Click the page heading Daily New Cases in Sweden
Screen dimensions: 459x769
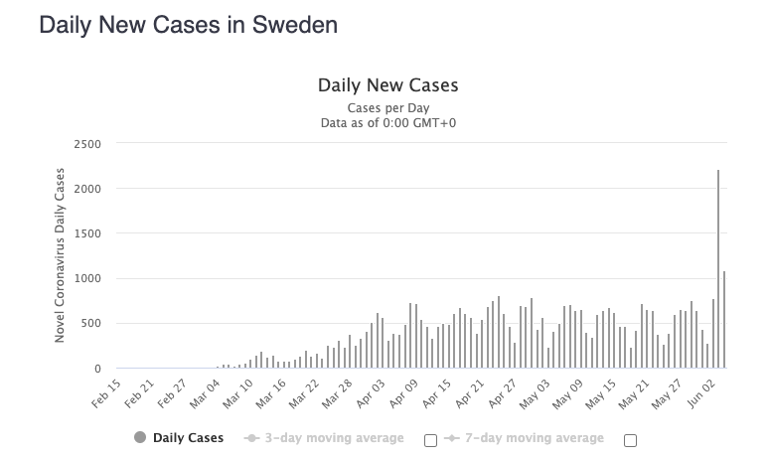(x=188, y=25)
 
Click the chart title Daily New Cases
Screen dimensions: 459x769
(x=387, y=85)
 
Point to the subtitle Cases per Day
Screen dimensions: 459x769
(x=387, y=107)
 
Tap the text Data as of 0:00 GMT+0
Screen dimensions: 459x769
(x=387, y=123)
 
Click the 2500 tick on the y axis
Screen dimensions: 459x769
(x=86, y=144)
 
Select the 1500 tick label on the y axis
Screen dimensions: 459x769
(x=86, y=233)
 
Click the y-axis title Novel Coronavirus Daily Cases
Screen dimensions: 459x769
(x=61, y=255)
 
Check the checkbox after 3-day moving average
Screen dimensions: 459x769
(x=430, y=441)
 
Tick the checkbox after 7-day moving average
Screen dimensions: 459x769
(x=630, y=441)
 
